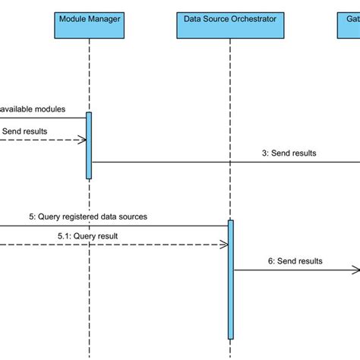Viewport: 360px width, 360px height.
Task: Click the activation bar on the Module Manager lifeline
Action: pos(89,145)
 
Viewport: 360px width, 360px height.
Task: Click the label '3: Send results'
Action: pos(289,153)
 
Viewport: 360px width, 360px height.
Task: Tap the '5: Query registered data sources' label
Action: pos(88,216)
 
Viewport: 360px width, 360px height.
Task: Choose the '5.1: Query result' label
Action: pos(87,235)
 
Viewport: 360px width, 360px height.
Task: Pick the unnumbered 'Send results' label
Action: pos(24,131)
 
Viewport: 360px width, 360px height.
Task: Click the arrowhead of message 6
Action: pos(355,270)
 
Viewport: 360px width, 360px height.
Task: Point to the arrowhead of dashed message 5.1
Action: pos(223,245)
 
